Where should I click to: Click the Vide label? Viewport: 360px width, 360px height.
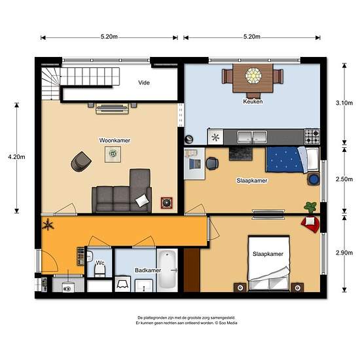tap(145, 83)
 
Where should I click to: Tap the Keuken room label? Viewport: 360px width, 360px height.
tap(253, 102)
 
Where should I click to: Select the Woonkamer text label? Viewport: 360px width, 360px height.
tap(113, 140)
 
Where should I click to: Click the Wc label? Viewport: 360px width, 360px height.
tap(100, 263)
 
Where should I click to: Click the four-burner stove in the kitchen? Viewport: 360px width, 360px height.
tap(312, 136)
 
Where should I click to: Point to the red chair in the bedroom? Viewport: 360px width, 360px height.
tap(310, 225)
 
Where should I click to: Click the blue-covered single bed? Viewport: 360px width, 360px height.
tap(286, 160)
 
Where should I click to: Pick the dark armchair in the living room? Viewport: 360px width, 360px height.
tap(82, 160)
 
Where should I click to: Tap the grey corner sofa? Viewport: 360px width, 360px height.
tap(124, 194)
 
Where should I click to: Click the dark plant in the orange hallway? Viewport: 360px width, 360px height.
tap(47, 226)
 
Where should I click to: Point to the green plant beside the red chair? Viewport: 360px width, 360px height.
tap(310, 207)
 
